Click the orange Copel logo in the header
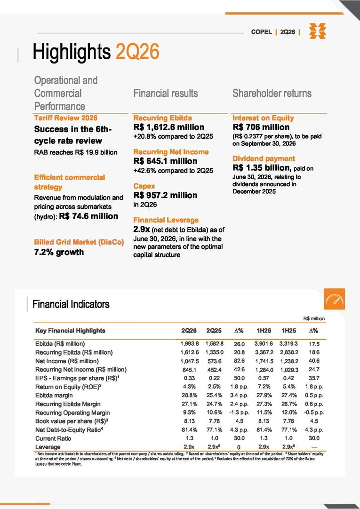tap(318, 31)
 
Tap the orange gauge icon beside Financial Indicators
tap(335, 299)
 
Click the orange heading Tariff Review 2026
tap(65, 118)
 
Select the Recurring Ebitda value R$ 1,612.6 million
tap(169, 127)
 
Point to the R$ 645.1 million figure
tap(165, 161)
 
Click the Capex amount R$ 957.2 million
tap(165, 195)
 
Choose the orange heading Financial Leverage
tap(166, 220)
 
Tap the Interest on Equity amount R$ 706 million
tap(261, 127)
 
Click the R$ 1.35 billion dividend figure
tap(262, 168)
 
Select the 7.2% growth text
tap(59, 252)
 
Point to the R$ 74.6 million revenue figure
tap(88, 216)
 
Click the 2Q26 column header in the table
tap(189, 331)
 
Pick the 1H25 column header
tap(288, 331)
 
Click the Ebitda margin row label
tap(54, 395)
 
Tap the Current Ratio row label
tap(53, 438)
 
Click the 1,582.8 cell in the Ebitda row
tap(214, 344)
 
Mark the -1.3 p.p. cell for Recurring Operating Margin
tap(239, 413)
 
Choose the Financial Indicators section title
tap(71, 304)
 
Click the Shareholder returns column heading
tap(272, 94)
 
